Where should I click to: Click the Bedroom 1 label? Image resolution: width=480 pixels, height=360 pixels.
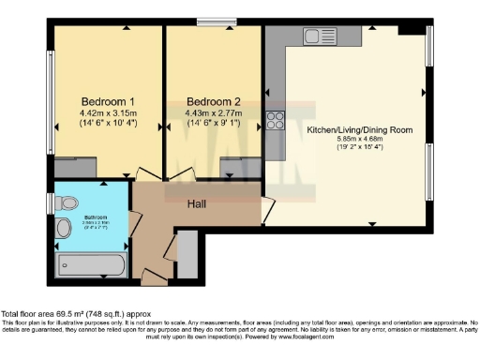pos(107,102)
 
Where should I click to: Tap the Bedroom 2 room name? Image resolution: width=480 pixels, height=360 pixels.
pos(214,102)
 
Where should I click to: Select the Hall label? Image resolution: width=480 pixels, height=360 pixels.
pos(197,204)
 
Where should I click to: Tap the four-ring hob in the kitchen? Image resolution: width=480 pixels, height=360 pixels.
pos(277,119)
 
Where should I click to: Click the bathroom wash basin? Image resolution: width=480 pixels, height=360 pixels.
pos(64,228)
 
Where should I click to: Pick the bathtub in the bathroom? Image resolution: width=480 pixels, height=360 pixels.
pos(90,262)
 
